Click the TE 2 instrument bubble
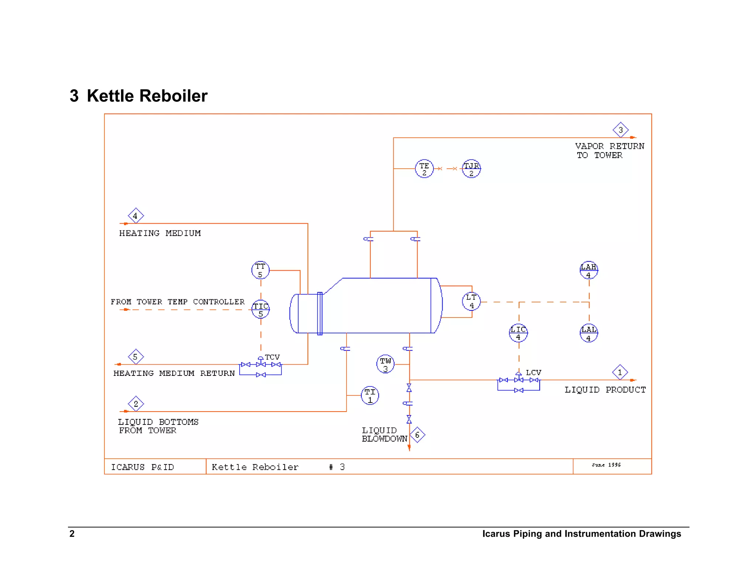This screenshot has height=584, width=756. [424, 169]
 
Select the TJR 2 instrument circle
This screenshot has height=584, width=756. [471, 169]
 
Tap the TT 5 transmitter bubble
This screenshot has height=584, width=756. [260, 270]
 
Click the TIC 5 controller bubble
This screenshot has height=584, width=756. [261, 309]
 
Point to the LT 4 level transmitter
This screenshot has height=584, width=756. [471, 301]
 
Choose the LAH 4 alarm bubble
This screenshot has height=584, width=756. [589, 270]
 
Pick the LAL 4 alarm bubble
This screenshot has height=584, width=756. [589, 333]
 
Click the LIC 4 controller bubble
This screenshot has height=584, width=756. [518, 333]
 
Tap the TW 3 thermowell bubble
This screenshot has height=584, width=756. [385, 364]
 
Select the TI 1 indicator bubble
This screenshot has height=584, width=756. [370, 395]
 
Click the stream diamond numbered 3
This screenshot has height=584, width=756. [621, 130]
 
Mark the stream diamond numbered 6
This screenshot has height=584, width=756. [417, 435]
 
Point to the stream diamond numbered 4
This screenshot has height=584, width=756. [135, 216]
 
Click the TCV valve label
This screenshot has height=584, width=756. [272, 357]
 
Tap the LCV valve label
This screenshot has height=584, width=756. [533, 372]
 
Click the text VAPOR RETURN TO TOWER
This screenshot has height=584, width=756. [609, 151]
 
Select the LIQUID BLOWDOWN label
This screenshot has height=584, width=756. [384, 434]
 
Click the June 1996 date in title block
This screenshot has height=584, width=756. [606, 465]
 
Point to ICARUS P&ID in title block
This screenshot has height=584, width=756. [142, 467]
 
